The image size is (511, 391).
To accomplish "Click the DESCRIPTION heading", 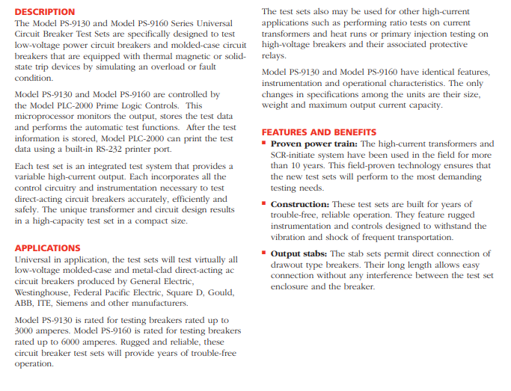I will pos(45,12).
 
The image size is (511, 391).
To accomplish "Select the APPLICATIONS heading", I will pos(47,247).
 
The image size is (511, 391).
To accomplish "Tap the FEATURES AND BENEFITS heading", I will pos(319,132).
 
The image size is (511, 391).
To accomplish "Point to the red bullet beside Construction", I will pos(265,204).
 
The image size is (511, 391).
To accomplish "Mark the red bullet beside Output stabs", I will pos(265,254).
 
